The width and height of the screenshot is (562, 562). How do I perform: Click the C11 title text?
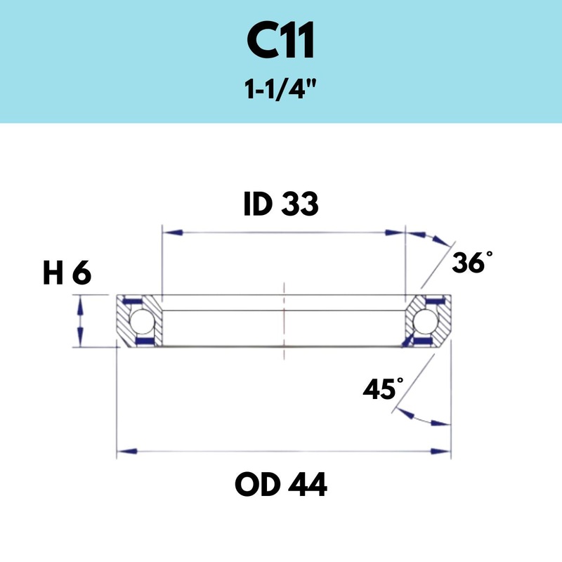coord(281,43)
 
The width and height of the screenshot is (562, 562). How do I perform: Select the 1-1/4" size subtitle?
coord(281,91)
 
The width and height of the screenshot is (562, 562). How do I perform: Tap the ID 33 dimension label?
coord(281,204)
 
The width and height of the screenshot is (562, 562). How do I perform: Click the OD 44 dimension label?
coord(281,484)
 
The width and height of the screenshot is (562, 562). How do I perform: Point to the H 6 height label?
coord(67,275)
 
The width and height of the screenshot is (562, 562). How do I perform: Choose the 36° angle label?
coord(469,263)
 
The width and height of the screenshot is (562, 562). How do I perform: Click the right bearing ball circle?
coord(424,321)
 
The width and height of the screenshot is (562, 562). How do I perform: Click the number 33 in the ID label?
coord(301,204)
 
